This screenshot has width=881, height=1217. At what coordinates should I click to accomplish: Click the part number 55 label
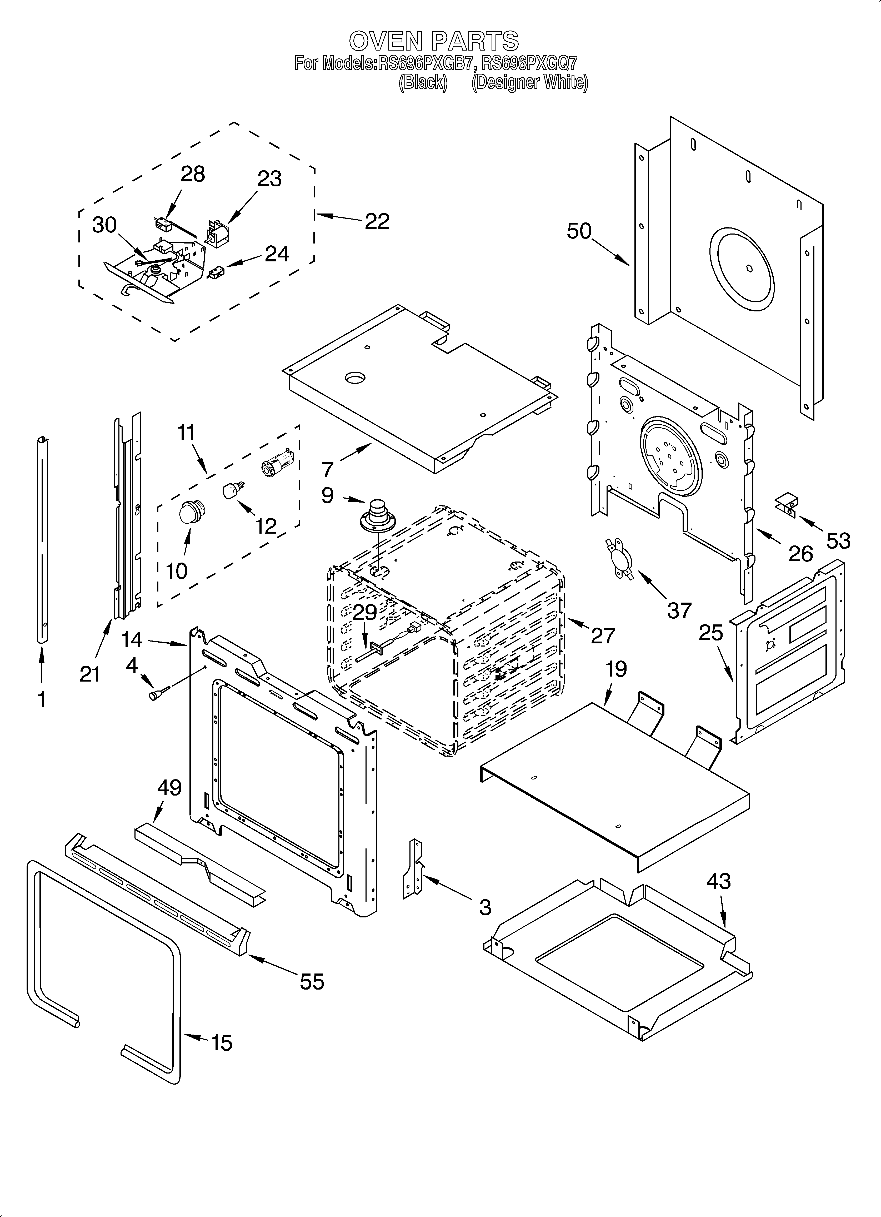(312, 982)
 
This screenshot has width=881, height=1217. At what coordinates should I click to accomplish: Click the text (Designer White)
(529, 83)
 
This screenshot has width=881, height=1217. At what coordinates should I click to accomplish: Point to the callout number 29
(365, 612)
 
